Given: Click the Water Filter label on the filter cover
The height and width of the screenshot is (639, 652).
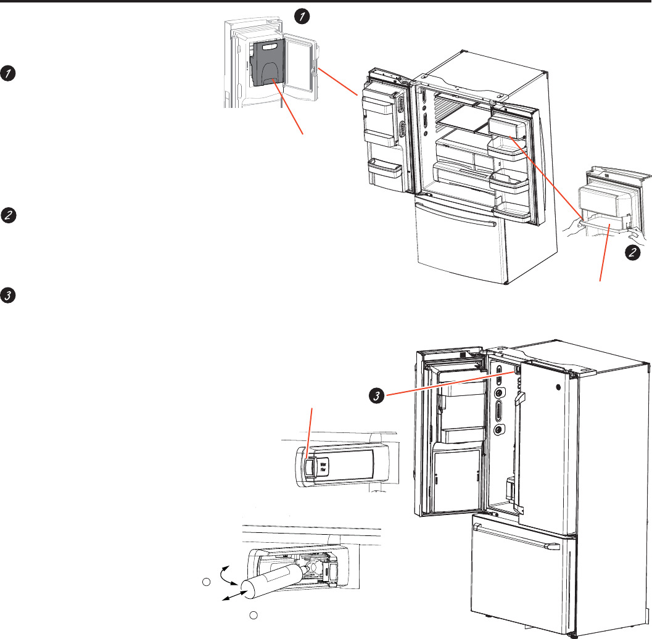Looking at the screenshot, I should pyautogui.click(x=323, y=464).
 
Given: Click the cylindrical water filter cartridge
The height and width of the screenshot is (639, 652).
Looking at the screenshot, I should pyautogui.click(x=271, y=580).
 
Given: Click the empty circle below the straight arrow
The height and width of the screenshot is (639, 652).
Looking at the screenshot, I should pyautogui.click(x=252, y=615).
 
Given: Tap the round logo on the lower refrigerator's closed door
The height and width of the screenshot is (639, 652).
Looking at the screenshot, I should pyautogui.click(x=558, y=389).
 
